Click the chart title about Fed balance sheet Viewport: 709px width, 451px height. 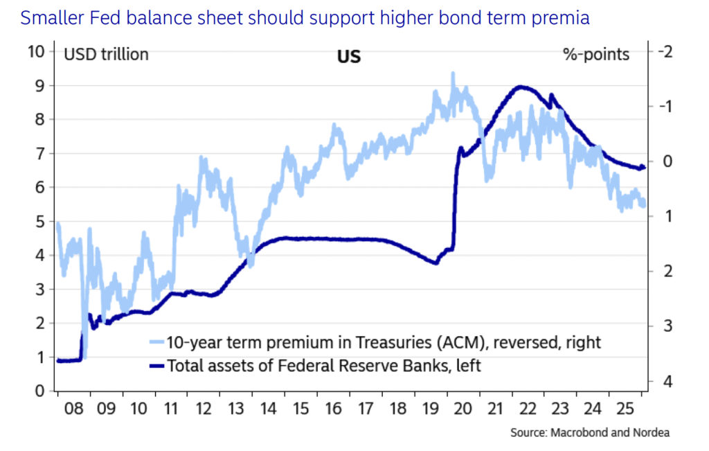305,18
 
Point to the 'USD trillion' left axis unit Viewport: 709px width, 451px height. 106,54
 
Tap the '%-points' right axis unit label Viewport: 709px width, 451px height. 596,54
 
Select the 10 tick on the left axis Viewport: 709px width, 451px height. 36,51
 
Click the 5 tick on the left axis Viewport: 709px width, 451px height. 40,222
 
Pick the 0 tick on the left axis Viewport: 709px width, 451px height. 40,391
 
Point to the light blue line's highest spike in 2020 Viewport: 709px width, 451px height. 453,73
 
